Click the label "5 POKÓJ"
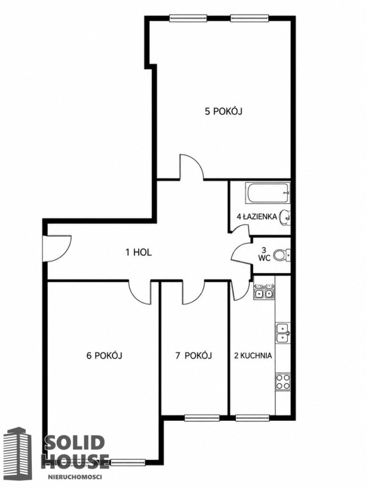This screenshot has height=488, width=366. (224, 111)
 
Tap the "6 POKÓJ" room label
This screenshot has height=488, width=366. (104, 355)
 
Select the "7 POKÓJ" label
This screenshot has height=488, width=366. (194, 355)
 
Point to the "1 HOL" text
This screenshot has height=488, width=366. (139, 252)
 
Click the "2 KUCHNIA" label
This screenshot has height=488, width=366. (253, 355)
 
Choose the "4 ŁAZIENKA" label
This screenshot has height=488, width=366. (257, 217)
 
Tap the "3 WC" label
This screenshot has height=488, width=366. (264, 253)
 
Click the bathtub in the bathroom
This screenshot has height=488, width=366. (268, 193)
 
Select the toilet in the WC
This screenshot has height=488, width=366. (282, 255)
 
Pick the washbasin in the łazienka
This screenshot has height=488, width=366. (285, 217)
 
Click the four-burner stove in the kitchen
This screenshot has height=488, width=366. (283, 382)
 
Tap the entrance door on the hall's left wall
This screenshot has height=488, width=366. (57, 249)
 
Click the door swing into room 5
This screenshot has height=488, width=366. (191, 167)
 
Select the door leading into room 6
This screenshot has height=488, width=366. (139, 292)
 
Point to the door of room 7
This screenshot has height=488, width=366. (193, 292)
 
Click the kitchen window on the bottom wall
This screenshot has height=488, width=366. (252, 418)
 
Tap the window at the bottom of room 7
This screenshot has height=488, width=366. (202, 418)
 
